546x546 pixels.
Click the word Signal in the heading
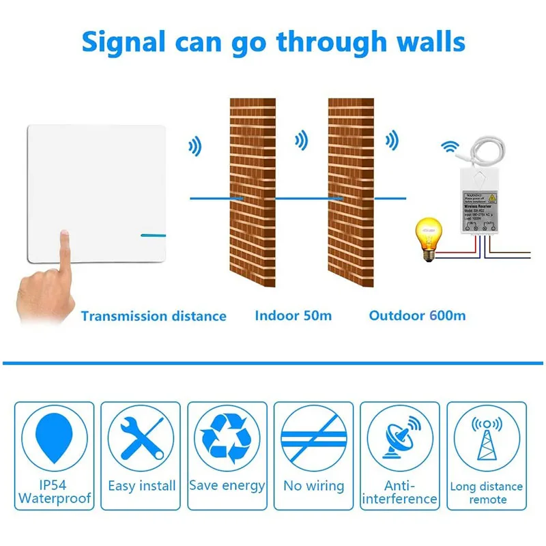pyautogui.click(x=124, y=42)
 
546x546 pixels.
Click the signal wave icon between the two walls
pyautogui.click(x=300, y=141)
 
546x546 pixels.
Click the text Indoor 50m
pyautogui.click(x=293, y=315)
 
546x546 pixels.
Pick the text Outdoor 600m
pyautogui.click(x=417, y=315)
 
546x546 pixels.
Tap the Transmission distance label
pyautogui.click(x=153, y=316)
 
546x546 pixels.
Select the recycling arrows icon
pyautogui.click(x=227, y=438)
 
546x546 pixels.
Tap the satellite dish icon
pyautogui.click(x=399, y=440)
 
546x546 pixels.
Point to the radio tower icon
pyautogui.click(x=486, y=440)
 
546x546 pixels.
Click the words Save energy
pyautogui.click(x=227, y=486)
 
